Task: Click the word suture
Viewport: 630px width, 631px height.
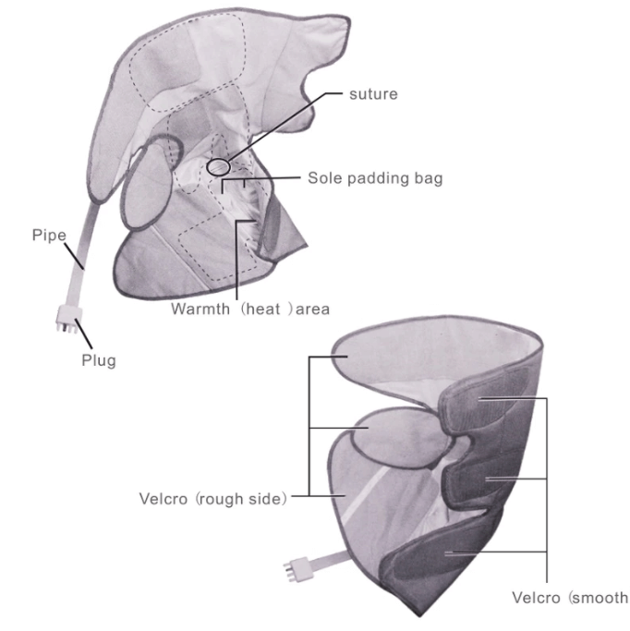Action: (x=373, y=94)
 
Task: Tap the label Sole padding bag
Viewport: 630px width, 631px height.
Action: (x=375, y=178)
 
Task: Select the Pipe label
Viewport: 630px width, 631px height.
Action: (x=49, y=236)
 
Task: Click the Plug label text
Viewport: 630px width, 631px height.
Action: (x=99, y=360)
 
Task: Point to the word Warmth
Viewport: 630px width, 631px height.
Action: (x=200, y=309)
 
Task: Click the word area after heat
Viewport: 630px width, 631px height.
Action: (x=313, y=309)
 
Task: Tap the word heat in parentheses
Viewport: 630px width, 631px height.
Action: (x=262, y=309)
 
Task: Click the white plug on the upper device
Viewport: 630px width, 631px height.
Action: (x=68, y=319)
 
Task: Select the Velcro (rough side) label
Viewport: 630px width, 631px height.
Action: (x=213, y=499)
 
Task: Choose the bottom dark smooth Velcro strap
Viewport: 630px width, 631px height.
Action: (x=446, y=552)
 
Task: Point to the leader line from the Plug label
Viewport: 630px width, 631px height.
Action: (x=83, y=334)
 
